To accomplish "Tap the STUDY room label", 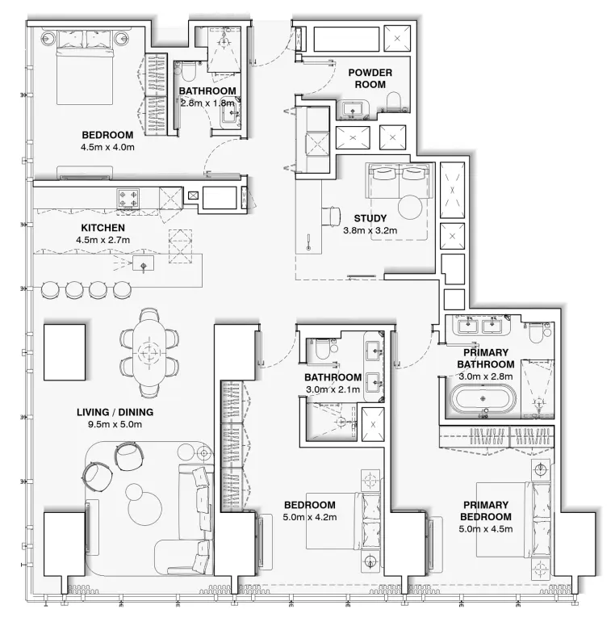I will pyautogui.click(x=370, y=218).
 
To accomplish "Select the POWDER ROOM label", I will pyautogui.click(x=370, y=78).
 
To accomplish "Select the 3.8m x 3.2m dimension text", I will pyautogui.click(x=370, y=230).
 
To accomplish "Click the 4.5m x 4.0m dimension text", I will pyautogui.click(x=107, y=147).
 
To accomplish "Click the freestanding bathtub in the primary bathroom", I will pyautogui.click(x=482, y=399).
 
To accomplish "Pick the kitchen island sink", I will pyautogui.click(x=143, y=265).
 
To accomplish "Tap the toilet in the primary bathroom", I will pyautogui.click(x=536, y=332).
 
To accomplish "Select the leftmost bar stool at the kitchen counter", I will pyautogui.click(x=51, y=288).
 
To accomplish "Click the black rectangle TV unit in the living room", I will pyautogui.click(x=64, y=352).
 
